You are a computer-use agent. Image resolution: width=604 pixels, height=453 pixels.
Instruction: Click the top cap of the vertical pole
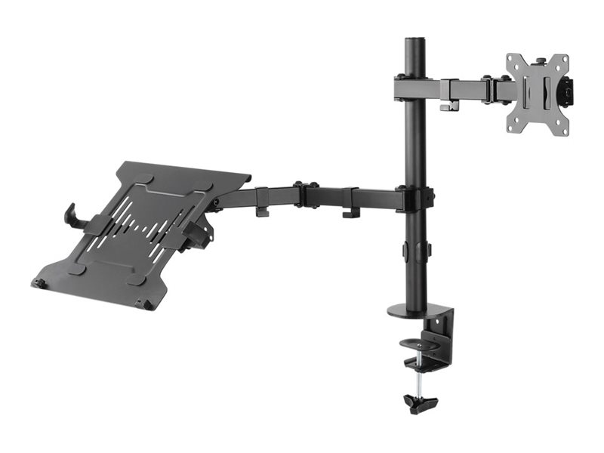[x=414, y=40]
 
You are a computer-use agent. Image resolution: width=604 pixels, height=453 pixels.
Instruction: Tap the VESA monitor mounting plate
[x=537, y=94]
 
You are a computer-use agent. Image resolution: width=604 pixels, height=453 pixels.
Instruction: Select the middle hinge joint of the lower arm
[x=305, y=194]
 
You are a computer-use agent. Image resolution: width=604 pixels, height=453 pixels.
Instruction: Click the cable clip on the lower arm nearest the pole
[x=350, y=211]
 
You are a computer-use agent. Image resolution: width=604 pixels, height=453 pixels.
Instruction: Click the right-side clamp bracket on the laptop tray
[x=197, y=230]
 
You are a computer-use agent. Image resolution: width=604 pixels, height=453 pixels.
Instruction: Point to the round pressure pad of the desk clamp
[x=421, y=360]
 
